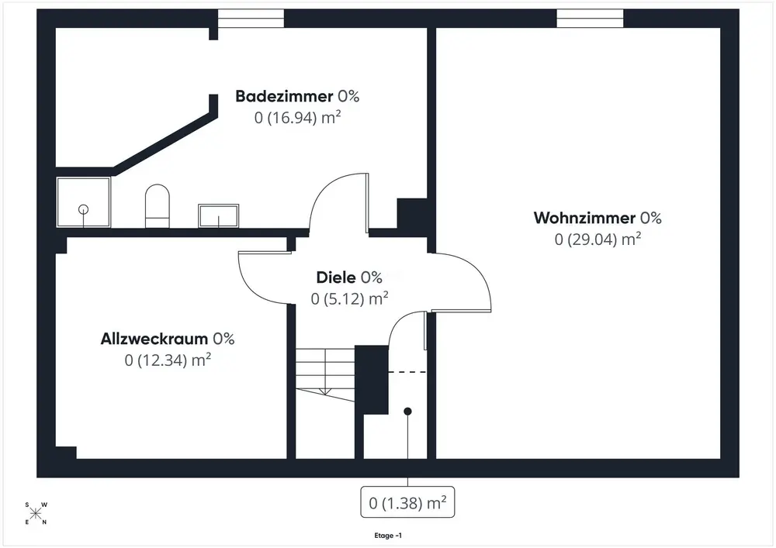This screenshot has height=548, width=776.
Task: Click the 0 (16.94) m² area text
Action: [298, 118]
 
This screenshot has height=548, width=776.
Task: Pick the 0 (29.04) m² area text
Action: [598, 240]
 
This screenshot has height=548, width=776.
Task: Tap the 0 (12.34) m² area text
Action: [168, 360]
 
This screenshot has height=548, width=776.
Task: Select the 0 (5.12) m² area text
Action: [350, 298]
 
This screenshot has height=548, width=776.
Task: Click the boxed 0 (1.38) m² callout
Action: [407, 503]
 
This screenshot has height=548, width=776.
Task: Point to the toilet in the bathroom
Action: [157, 205]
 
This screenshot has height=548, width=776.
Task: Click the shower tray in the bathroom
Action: [84, 202]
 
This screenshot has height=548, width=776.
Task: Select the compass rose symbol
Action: [36, 513]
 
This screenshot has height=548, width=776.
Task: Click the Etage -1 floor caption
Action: [387, 536]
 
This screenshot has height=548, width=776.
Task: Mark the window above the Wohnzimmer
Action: [591, 19]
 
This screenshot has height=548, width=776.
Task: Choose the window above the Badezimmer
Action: [250, 19]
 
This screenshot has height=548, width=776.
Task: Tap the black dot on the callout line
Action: [407, 411]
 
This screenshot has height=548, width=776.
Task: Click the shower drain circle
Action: [83, 209]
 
